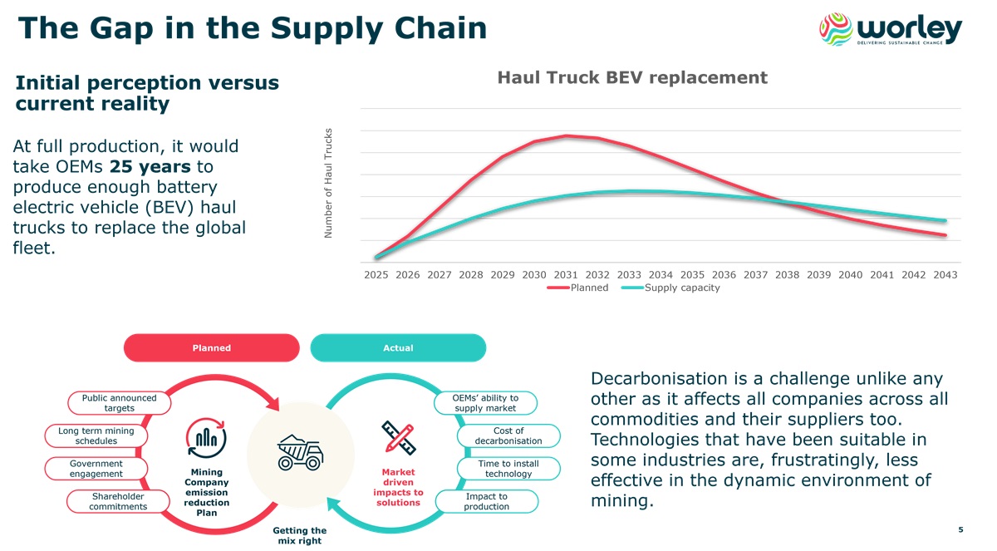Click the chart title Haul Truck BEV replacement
(x=631, y=78)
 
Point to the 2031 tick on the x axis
(x=566, y=274)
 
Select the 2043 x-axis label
(x=945, y=274)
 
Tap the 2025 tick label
(x=376, y=274)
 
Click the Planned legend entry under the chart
(x=578, y=288)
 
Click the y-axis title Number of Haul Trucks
(x=328, y=183)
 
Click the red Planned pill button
(x=211, y=347)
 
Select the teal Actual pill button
(x=398, y=347)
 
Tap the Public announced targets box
(x=119, y=403)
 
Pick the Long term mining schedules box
(x=96, y=435)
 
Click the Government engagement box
(x=96, y=469)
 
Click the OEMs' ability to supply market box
(x=485, y=403)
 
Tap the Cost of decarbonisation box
(x=508, y=435)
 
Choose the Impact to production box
(x=486, y=501)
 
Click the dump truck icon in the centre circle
(x=299, y=450)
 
